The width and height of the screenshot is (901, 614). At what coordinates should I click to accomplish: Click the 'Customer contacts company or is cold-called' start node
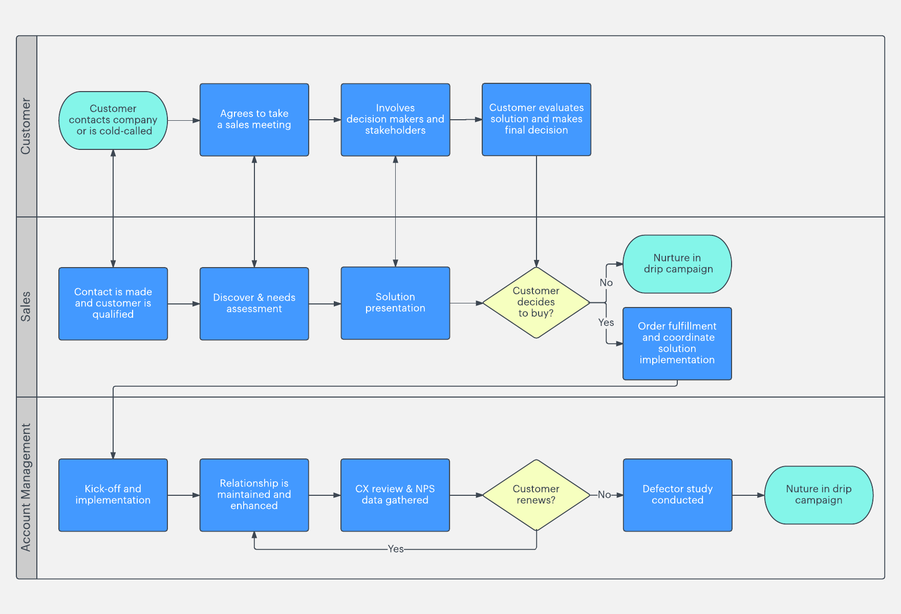[x=113, y=120]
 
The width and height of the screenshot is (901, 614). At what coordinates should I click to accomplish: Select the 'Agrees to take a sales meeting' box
[x=254, y=119]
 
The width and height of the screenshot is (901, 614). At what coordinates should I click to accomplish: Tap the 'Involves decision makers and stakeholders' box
[x=395, y=119]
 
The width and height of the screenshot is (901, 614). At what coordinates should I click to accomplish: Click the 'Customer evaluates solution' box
[x=536, y=119]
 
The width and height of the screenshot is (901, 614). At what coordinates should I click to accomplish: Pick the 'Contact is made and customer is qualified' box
[x=113, y=303]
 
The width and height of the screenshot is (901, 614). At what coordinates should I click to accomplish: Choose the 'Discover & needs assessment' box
[x=254, y=303]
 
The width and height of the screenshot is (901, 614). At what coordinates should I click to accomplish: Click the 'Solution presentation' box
[x=395, y=303]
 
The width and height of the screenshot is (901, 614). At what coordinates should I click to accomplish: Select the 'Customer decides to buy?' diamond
[x=536, y=302]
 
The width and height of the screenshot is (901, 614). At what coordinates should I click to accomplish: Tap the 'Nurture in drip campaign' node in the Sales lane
[x=677, y=264]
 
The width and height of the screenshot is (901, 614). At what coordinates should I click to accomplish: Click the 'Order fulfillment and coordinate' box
[x=677, y=343]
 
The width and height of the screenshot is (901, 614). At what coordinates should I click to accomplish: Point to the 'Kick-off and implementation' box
[x=113, y=495]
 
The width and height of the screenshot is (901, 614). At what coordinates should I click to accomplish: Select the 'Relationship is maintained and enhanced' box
[x=254, y=495]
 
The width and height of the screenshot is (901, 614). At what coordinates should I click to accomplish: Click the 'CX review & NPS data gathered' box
[x=395, y=495]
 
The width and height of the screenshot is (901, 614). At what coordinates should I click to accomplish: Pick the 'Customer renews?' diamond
[x=536, y=495]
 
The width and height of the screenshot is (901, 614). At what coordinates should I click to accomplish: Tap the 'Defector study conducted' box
[x=677, y=495]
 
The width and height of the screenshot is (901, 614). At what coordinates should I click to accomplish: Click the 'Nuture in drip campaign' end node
[x=818, y=495]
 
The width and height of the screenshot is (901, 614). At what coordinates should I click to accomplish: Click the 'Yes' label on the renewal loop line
[x=396, y=549]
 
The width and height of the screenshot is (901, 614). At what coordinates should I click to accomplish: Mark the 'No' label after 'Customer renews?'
[x=604, y=495]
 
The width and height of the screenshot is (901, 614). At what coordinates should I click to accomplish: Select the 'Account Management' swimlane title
[x=26, y=487]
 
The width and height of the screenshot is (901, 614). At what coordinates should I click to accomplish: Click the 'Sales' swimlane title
[x=26, y=306]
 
